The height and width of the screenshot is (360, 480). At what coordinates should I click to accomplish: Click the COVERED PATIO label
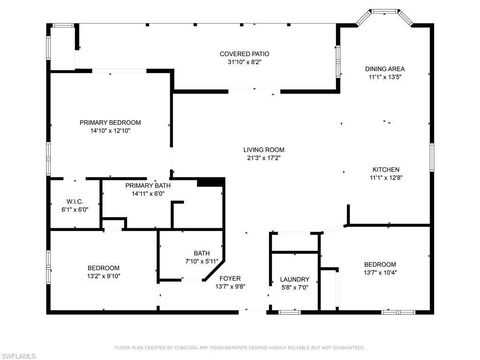[x=245, y=54]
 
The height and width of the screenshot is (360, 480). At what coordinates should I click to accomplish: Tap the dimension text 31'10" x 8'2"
[x=245, y=61]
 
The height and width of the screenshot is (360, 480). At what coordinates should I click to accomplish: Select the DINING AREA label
[x=385, y=69]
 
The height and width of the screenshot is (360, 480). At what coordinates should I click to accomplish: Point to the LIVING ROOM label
[x=263, y=150]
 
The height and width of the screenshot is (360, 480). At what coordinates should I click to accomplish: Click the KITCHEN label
[x=386, y=170]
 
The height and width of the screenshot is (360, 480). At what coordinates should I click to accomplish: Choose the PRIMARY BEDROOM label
[x=110, y=123]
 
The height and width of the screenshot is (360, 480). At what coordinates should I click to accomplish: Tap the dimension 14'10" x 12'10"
[x=110, y=131]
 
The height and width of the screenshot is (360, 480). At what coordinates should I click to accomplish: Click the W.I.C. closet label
[x=75, y=202]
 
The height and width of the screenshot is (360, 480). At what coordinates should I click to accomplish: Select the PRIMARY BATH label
[x=145, y=186]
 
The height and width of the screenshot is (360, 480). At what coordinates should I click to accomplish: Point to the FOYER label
[x=230, y=278]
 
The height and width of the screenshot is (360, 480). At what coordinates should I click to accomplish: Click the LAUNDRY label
[x=294, y=279]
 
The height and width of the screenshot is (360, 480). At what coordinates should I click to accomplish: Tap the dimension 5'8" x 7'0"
[x=294, y=287]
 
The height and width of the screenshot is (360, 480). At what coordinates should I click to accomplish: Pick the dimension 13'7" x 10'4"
[x=380, y=272]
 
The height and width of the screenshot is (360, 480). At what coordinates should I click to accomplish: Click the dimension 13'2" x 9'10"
[x=104, y=276]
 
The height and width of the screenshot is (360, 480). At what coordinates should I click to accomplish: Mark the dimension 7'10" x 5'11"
[x=202, y=261]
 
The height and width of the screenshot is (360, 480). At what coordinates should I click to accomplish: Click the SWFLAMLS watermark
[x=18, y=356]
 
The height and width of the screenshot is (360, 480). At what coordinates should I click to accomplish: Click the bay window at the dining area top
[x=384, y=11]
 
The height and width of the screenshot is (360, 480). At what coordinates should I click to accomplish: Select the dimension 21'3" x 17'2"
[x=263, y=158]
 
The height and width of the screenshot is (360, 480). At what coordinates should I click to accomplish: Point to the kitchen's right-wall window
[x=432, y=157]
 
